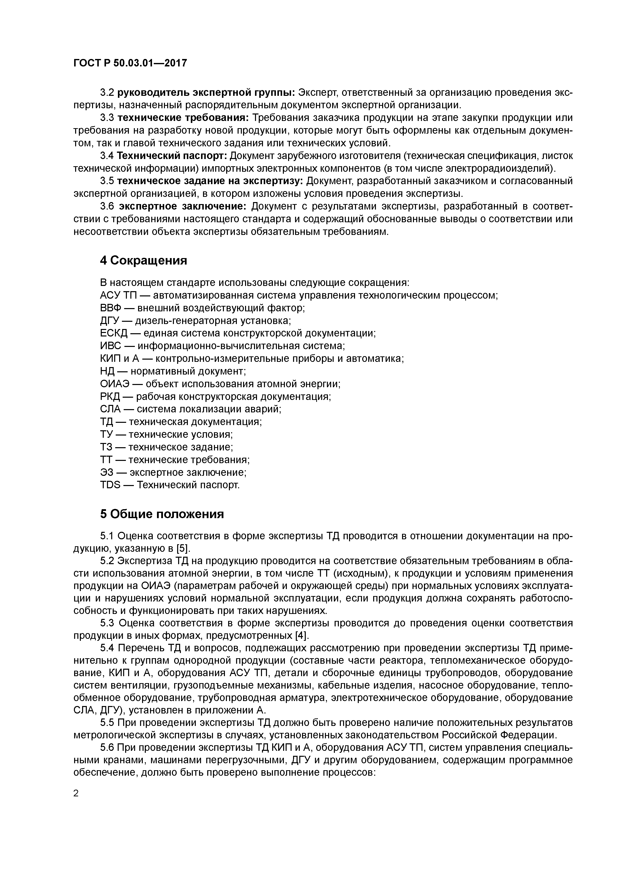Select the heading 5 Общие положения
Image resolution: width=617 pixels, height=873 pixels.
[162, 514]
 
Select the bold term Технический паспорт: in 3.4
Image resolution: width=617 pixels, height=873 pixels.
[172, 156]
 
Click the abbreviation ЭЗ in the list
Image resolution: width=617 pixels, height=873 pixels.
[107, 472]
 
